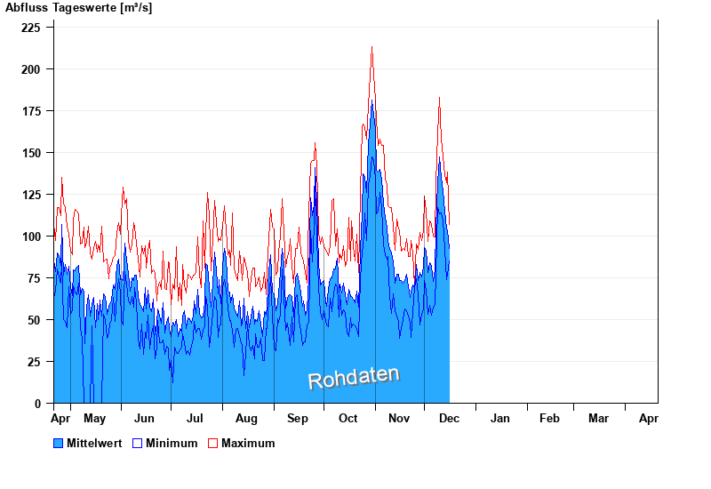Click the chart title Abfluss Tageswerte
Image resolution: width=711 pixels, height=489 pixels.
[x=78, y=8]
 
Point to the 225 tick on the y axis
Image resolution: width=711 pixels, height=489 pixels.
[x=31, y=28]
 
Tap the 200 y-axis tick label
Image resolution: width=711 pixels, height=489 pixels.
[x=31, y=69]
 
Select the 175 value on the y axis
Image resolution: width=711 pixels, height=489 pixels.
[x=31, y=111]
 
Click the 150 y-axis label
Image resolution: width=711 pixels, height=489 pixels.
[x=31, y=153]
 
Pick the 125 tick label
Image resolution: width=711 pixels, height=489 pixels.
[x=31, y=195]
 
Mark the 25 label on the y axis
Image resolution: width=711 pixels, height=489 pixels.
[x=35, y=362]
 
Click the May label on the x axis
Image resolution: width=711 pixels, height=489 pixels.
[x=94, y=419]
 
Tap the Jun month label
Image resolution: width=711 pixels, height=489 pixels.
[x=144, y=419]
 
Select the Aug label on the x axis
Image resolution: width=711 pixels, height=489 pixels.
[x=246, y=419]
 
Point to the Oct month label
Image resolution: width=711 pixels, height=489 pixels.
[x=348, y=419]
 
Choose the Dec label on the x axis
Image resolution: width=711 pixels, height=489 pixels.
[x=449, y=419]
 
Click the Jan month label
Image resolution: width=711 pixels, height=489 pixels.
[x=500, y=419]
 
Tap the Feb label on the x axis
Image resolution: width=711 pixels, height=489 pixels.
[x=549, y=419]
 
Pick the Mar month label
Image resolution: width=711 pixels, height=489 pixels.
[x=598, y=419]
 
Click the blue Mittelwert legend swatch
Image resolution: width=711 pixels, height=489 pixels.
[x=59, y=443]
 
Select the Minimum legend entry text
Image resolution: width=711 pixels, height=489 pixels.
[x=172, y=443]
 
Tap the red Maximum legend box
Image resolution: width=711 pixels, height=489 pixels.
[x=212, y=443]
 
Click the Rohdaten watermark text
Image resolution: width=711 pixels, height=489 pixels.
[x=354, y=378]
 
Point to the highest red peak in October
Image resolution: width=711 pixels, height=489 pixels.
[x=371, y=47]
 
